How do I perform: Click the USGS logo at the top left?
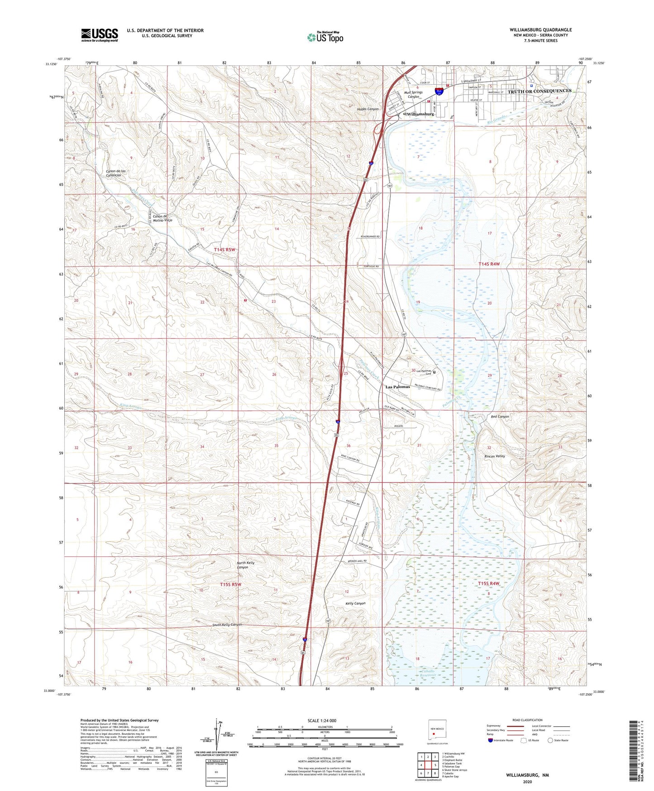[100, 35]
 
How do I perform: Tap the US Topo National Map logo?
[325, 37]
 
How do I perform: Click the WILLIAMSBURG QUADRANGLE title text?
[540, 29]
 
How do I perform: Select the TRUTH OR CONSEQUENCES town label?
[539, 91]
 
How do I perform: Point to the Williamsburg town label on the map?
[420, 114]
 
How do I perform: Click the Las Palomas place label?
[397, 387]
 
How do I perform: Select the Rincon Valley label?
[494, 456]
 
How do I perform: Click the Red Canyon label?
[500, 416]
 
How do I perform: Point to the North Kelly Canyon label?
[246, 565]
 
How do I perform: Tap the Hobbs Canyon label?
[368, 109]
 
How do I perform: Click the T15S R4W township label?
[489, 584]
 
